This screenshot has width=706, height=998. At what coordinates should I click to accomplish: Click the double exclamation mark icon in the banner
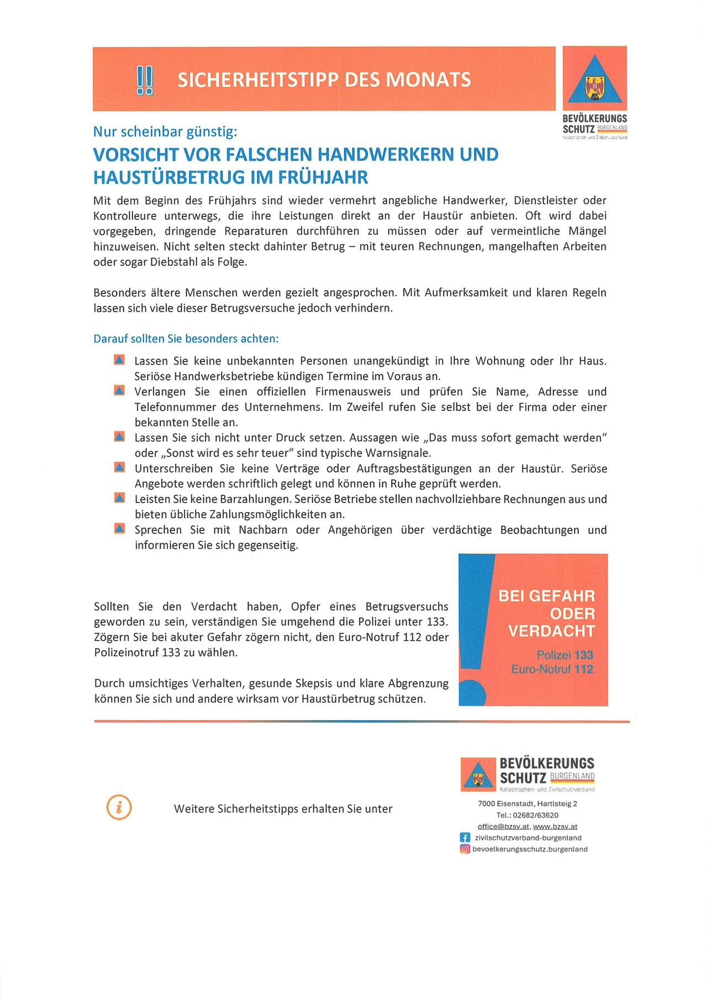point(145,80)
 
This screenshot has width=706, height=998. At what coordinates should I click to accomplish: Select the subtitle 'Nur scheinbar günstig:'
point(165,131)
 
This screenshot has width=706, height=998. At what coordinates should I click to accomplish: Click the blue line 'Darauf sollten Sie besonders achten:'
point(186,339)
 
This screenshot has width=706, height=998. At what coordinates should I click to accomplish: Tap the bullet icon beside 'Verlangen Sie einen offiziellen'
point(119,390)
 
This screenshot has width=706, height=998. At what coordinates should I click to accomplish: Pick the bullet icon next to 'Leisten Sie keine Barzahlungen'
point(119,498)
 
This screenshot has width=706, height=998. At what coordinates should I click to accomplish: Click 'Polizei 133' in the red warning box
point(565,655)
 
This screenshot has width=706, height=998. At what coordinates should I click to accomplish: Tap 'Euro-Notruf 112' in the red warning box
point(552,669)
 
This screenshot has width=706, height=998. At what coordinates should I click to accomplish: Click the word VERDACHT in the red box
point(551,631)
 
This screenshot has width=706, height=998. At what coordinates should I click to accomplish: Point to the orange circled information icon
point(119,807)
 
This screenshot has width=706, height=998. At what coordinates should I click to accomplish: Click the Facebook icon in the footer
point(465,838)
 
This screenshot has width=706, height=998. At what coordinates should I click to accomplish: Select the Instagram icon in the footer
point(465,849)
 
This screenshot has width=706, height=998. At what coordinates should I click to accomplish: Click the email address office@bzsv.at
point(503,827)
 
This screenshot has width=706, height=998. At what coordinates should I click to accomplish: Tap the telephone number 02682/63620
point(535,815)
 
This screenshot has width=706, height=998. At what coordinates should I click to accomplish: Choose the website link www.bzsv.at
point(555,827)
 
